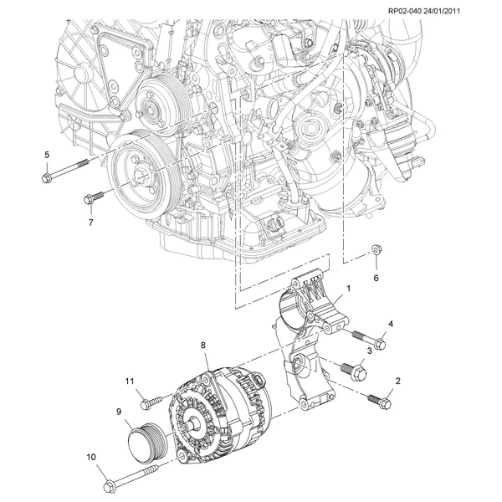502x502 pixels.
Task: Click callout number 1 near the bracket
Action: click(x=348, y=289)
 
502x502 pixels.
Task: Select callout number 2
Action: click(x=397, y=381)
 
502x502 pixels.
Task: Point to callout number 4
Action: click(x=390, y=324)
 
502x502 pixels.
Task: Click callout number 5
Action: click(x=47, y=155)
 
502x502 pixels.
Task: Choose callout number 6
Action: click(x=376, y=277)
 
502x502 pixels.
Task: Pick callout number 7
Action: click(x=90, y=223)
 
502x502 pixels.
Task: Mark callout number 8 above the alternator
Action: click(x=202, y=344)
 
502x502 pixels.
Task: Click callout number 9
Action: click(x=119, y=411)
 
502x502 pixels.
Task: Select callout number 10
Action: click(x=90, y=458)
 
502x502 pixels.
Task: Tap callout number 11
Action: click(x=131, y=382)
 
